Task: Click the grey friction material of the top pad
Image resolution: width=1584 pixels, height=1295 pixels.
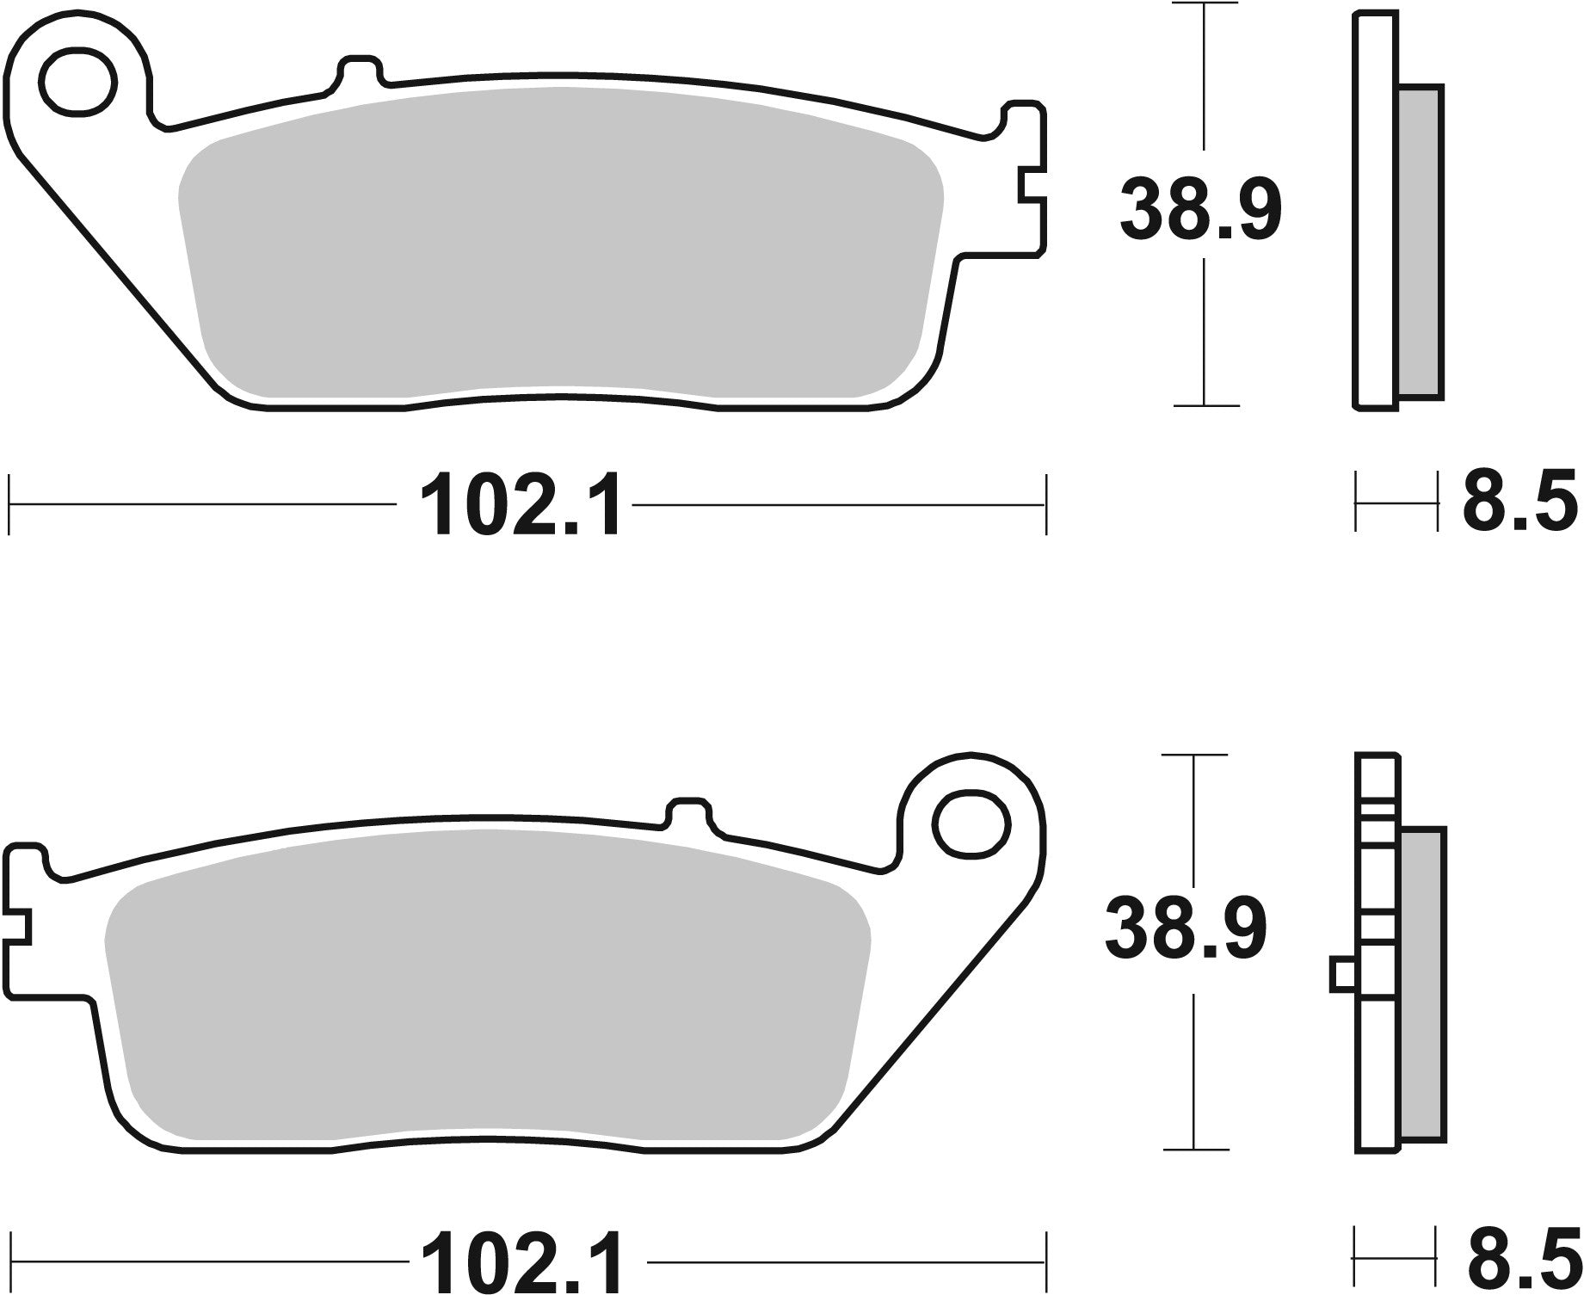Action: (559, 250)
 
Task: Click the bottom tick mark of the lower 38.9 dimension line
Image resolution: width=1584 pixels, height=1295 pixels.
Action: (1194, 1149)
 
